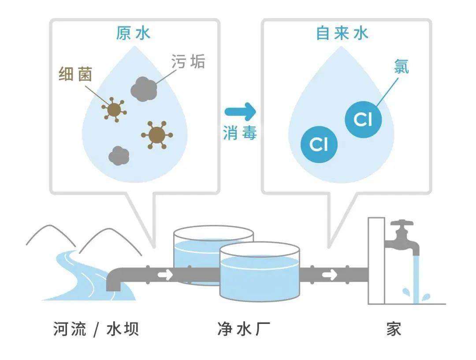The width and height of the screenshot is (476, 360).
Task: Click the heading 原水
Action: click(x=133, y=34)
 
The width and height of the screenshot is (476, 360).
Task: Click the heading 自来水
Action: click(x=342, y=34)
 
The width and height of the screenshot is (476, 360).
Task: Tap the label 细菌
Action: click(x=76, y=74)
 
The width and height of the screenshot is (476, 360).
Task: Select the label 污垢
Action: click(x=188, y=62)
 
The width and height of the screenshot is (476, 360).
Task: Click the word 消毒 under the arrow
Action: click(x=239, y=133)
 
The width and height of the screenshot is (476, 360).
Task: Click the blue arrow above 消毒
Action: click(x=239, y=111)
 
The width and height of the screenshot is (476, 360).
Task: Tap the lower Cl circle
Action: click(x=319, y=144)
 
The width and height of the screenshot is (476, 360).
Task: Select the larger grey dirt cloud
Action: click(x=144, y=89)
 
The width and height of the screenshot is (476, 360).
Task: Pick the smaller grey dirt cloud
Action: click(x=119, y=156)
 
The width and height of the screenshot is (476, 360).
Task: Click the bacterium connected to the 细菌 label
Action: click(x=114, y=110)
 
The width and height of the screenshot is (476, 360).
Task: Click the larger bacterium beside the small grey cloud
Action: click(x=156, y=134)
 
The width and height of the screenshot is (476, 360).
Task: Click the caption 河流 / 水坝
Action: click(x=96, y=329)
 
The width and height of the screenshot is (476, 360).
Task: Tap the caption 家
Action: click(x=394, y=329)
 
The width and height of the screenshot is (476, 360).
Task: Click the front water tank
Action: click(x=260, y=275)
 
